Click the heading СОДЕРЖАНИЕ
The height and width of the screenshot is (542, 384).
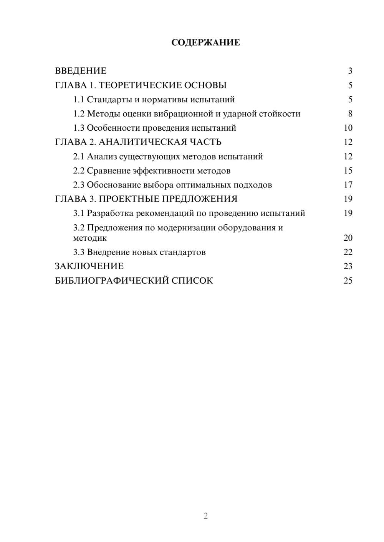pos(205,43)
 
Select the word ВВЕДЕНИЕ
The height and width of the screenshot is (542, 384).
pos(81,71)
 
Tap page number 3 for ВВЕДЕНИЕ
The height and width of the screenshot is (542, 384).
pos(350,71)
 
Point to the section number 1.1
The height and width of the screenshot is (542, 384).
pos(78,100)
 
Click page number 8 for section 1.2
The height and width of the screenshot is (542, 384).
pos(350,114)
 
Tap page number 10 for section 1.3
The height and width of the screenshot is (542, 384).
pos(348,128)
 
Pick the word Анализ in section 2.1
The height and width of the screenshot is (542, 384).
pos(102,156)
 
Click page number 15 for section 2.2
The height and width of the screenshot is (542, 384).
pos(348,171)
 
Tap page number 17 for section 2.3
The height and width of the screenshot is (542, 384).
pos(348,185)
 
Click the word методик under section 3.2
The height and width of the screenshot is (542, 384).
pos(90,238)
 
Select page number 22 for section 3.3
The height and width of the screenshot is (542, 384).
pos(348,252)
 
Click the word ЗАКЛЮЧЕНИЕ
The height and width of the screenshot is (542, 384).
pos(89,266)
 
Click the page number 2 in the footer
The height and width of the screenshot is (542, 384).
pos(205,516)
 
